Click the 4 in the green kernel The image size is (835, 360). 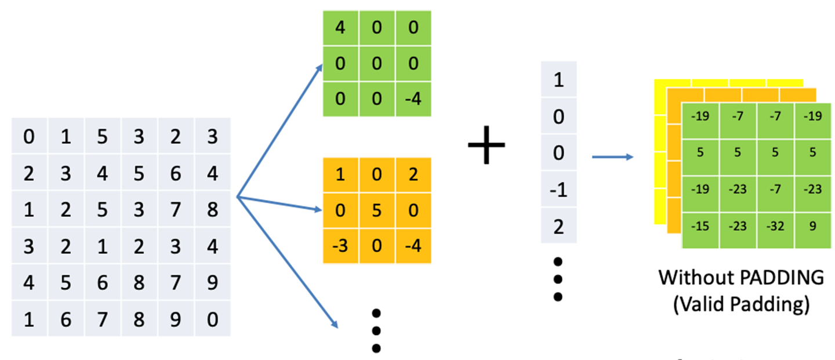pyautogui.click(x=340, y=28)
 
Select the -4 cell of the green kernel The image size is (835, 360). pyautogui.click(x=413, y=99)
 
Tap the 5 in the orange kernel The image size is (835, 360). pyautogui.click(x=376, y=210)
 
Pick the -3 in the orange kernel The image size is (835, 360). pyautogui.click(x=340, y=246)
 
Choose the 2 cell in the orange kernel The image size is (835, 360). pyautogui.click(x=413, y=175)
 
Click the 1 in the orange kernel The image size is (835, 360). pyautogui.click(x=340, y=175)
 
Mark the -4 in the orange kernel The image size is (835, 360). pyautogui.click(x=413, y=246)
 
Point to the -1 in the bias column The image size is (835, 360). pyautogui.click(x=558, y=190)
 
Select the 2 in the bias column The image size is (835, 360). pyautogui.click(x=558, y=226)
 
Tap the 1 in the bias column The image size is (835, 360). pyautogui.click(x=558, y=79)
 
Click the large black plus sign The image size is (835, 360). pyautogui.click(x=487, y=145)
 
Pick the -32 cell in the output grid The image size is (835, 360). pyautogui.click(x=775, y=226)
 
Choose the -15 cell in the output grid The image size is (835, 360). pyautogui.click(x=700, y=226)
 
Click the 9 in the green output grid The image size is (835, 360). pyautogui.click(x=813, y=226)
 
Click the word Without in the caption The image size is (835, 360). pyautogui.click(x=696, y=278)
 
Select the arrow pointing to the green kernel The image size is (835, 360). pyautogui.click(x=280, y=130)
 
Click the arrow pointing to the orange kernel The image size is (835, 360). pyautogui.click(x=279, y=203)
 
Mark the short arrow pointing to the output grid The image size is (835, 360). pyautogui.click(x=613, y=157)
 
